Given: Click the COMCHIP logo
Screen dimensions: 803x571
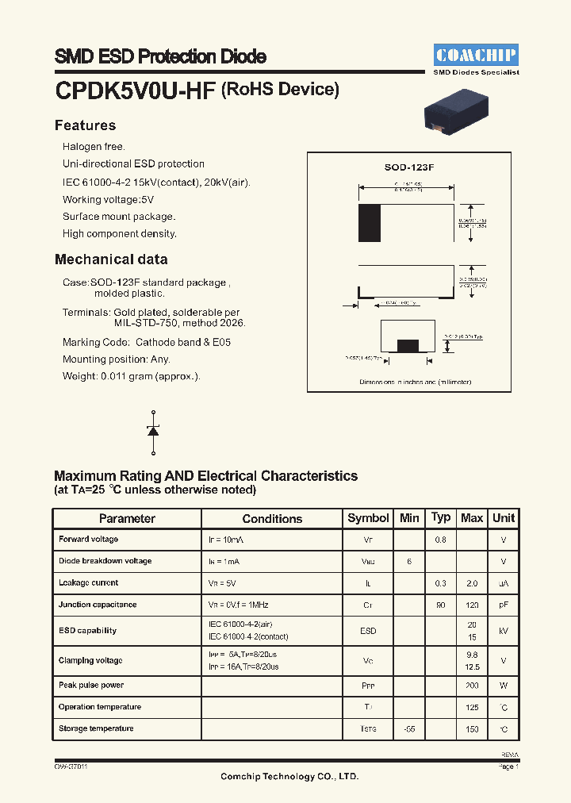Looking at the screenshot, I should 476,55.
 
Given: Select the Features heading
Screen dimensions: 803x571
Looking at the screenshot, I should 85,125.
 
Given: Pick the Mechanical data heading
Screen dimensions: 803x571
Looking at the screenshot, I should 111,259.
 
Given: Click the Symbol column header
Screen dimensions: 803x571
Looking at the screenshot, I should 368,518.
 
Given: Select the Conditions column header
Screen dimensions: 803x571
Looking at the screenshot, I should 272,518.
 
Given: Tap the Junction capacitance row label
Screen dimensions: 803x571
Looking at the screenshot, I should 98,605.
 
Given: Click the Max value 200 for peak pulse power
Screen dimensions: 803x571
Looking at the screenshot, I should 472,685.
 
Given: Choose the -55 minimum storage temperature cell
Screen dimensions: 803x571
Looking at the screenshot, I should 409,728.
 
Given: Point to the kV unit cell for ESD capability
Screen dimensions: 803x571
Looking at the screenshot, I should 504,631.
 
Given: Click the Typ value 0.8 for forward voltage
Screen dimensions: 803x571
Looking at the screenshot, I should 440,540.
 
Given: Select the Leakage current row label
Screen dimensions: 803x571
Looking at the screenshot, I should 88,582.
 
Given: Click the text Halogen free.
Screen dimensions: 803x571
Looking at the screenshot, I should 94,147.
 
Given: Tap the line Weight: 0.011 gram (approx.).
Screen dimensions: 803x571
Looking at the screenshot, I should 132,376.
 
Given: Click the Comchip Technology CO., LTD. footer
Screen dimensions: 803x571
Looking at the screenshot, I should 289,776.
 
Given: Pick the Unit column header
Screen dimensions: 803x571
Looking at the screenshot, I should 504,518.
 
